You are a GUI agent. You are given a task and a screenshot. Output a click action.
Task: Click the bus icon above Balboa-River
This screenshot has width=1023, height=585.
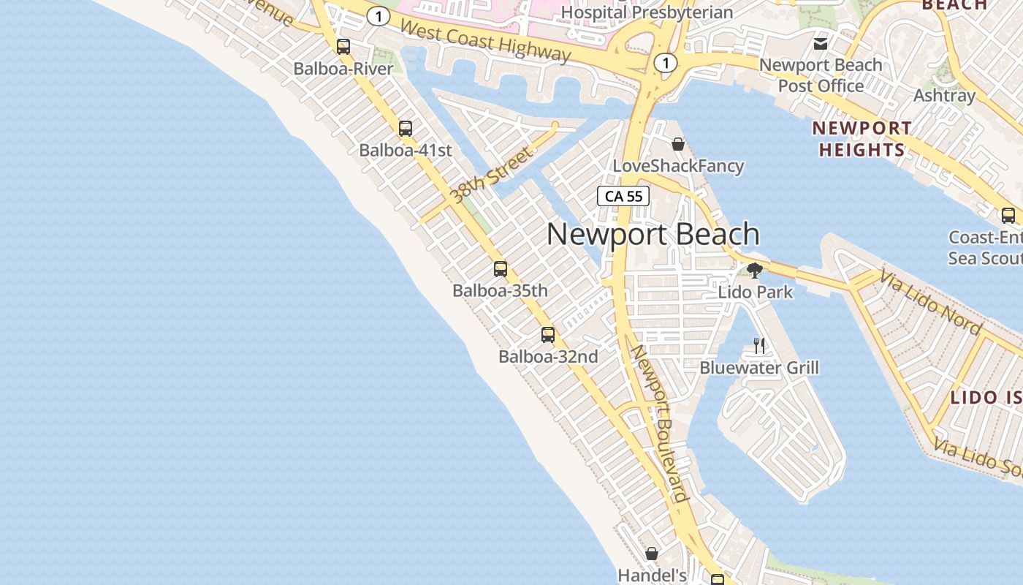pyautogui.click(x=343, y=47)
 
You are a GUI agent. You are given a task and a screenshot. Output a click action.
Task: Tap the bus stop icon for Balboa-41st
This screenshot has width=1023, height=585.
pyautogui.click(x=406, y=129)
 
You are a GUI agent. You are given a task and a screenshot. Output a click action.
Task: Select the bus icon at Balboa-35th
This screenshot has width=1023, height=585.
pyautogui.click(x=501, y=268)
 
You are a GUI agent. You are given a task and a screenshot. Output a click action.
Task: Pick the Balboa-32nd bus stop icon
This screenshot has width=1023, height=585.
pyautogui.click(x=548, y=335)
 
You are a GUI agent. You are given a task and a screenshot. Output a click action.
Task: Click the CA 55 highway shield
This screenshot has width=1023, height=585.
pyautogui.click(x=623, y=196)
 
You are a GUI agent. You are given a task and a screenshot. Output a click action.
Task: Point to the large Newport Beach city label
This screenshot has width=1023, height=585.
pyautogui.click(x=653, y=235)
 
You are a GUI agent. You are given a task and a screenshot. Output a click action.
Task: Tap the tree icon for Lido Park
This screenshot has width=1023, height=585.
pyautogui.click(x=755, y=271)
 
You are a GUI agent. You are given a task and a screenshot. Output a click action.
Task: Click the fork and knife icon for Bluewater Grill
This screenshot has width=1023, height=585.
pyautogui.click(x=759, y=345)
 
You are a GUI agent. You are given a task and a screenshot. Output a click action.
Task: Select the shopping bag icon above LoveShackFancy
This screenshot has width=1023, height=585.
pyautogui.click(x=678, y=143)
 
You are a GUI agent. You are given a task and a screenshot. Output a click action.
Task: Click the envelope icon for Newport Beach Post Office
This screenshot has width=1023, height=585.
pyautogui.click(x=821, y=44)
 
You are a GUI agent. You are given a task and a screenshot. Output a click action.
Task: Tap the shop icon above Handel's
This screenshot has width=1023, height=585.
pyautogui.click(x=652, y=554)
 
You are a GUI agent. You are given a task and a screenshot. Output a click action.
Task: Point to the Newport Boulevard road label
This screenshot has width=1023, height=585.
pyautogui.click(x=660, y=423)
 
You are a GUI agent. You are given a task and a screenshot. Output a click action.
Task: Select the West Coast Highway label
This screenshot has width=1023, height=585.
pyautogui.click(x=485, y=41)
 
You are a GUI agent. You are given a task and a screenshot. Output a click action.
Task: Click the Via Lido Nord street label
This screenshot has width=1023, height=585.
pyautogui.click(x=930, y=302)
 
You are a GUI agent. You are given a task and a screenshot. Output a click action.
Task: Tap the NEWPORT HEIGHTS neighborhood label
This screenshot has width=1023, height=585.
pyautogui.click(x=862, y=139)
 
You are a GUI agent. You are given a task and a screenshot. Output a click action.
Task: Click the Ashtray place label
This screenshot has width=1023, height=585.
pyautogui.click(x=945, y=96)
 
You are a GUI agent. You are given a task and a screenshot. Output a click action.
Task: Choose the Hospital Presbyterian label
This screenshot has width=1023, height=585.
pyautogui.click(x=647, y=12)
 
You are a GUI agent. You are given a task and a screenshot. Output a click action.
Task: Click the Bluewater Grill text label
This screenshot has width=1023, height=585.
pyautogui.click(x=759, y=367)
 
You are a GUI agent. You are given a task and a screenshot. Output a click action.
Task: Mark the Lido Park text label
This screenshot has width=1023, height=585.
pyautogui.click(x=756, y=292)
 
